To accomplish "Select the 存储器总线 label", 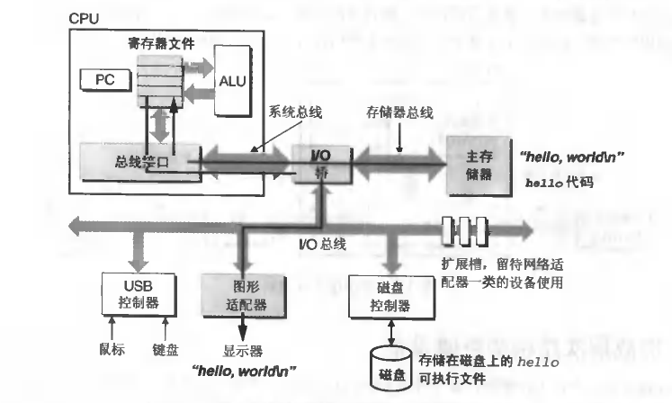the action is [399, 113].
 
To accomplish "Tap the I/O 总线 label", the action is [322, 244].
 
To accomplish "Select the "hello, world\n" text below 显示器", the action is [244, 371].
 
